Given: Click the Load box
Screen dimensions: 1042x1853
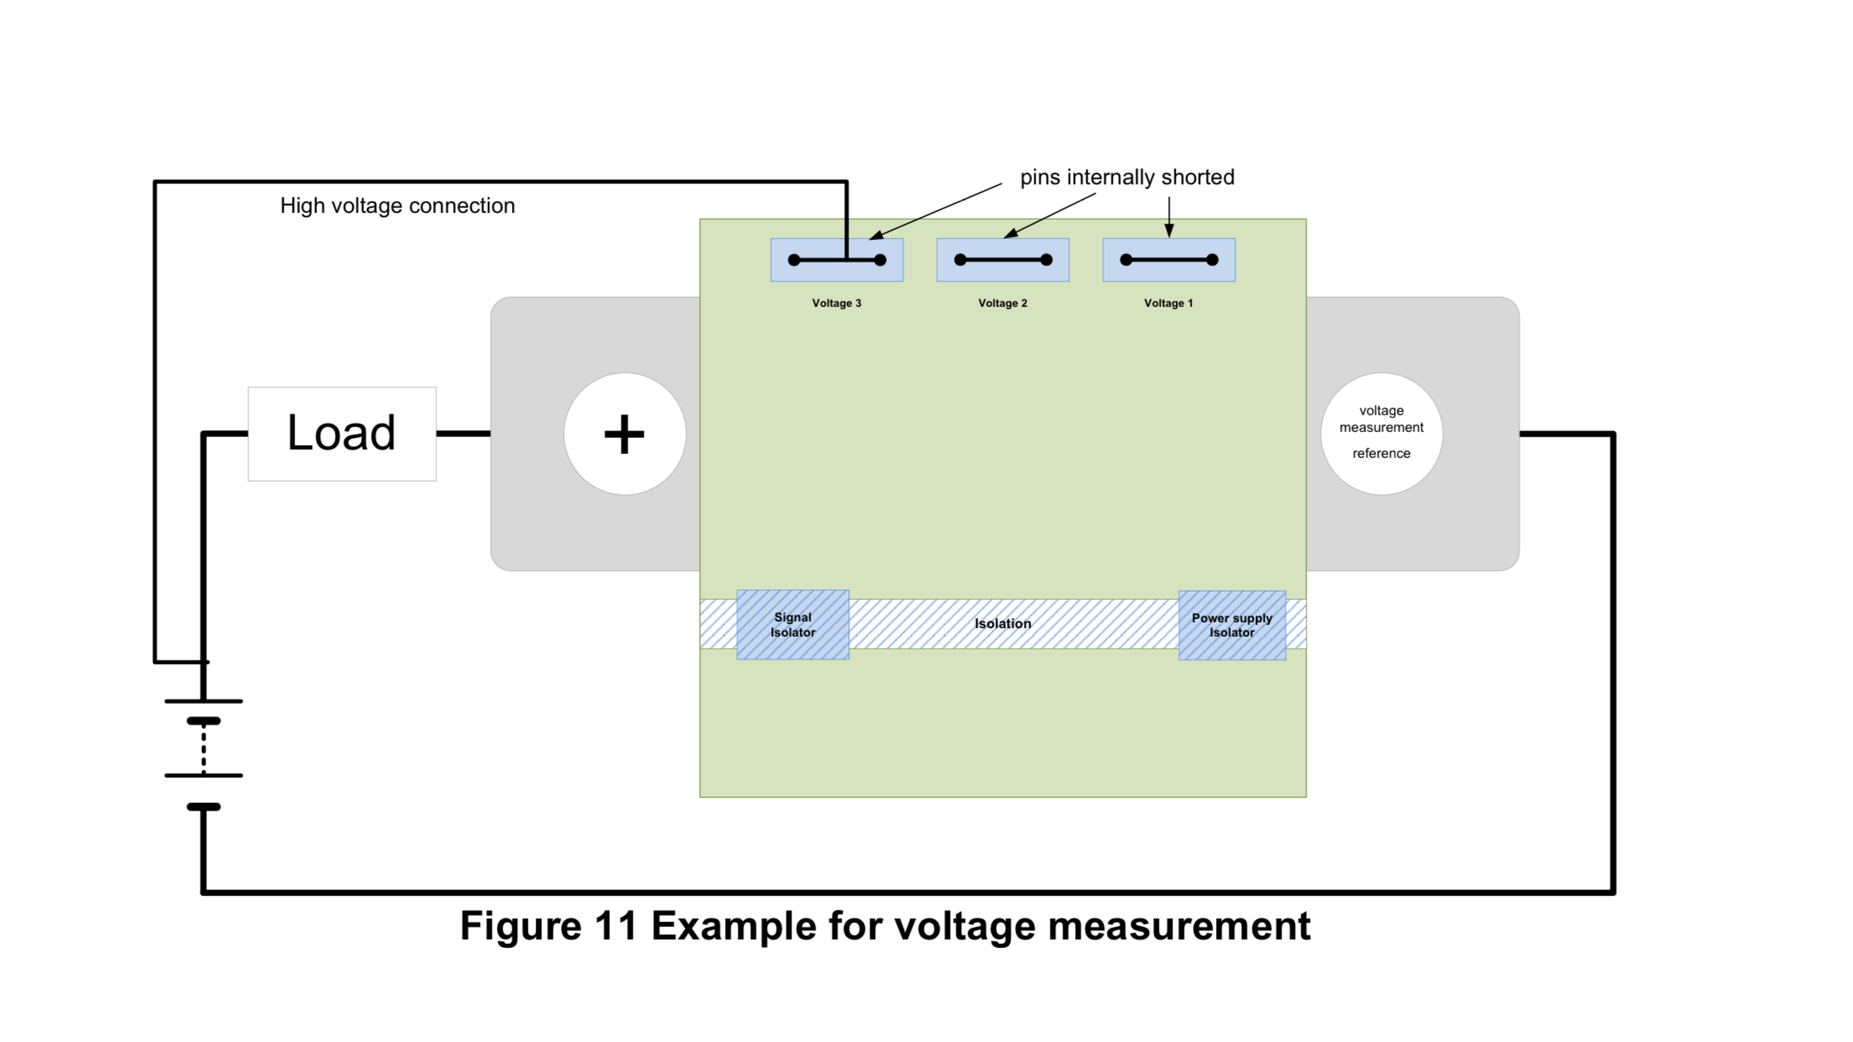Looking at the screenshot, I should (342, 434).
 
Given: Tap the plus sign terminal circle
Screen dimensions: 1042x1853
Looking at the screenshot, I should (624, 434).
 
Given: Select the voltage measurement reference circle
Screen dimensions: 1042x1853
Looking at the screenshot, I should (1381, 434).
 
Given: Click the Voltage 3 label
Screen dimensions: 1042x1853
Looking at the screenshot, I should (836, 303).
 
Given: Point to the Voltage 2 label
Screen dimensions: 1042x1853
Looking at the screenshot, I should (1002, 303).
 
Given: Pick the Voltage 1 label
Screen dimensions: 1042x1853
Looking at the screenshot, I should (1168, 303).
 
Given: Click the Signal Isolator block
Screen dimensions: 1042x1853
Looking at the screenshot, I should (792, 625).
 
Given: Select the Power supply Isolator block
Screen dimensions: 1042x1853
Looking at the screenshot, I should (1231, 625).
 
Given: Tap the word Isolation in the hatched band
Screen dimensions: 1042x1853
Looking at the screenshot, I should (1002, 623).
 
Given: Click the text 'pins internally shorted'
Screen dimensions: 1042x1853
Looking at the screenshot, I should (1126, 177).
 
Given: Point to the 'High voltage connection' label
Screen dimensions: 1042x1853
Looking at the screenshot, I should (397, 206).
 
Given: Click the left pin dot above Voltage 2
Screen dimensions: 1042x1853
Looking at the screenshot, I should (960, 260).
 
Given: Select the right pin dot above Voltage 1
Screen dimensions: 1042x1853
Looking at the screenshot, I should (1212, 260).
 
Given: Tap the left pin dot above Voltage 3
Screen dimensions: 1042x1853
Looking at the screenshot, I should (794, 260).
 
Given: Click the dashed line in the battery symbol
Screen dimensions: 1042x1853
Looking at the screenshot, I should (204, 748).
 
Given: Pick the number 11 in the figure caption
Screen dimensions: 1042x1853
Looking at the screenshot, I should (616, 926).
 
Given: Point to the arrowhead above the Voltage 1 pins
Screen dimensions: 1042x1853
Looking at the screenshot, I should (1169, 230).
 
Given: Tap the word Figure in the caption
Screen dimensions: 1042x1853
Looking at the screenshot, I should (520, 926).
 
